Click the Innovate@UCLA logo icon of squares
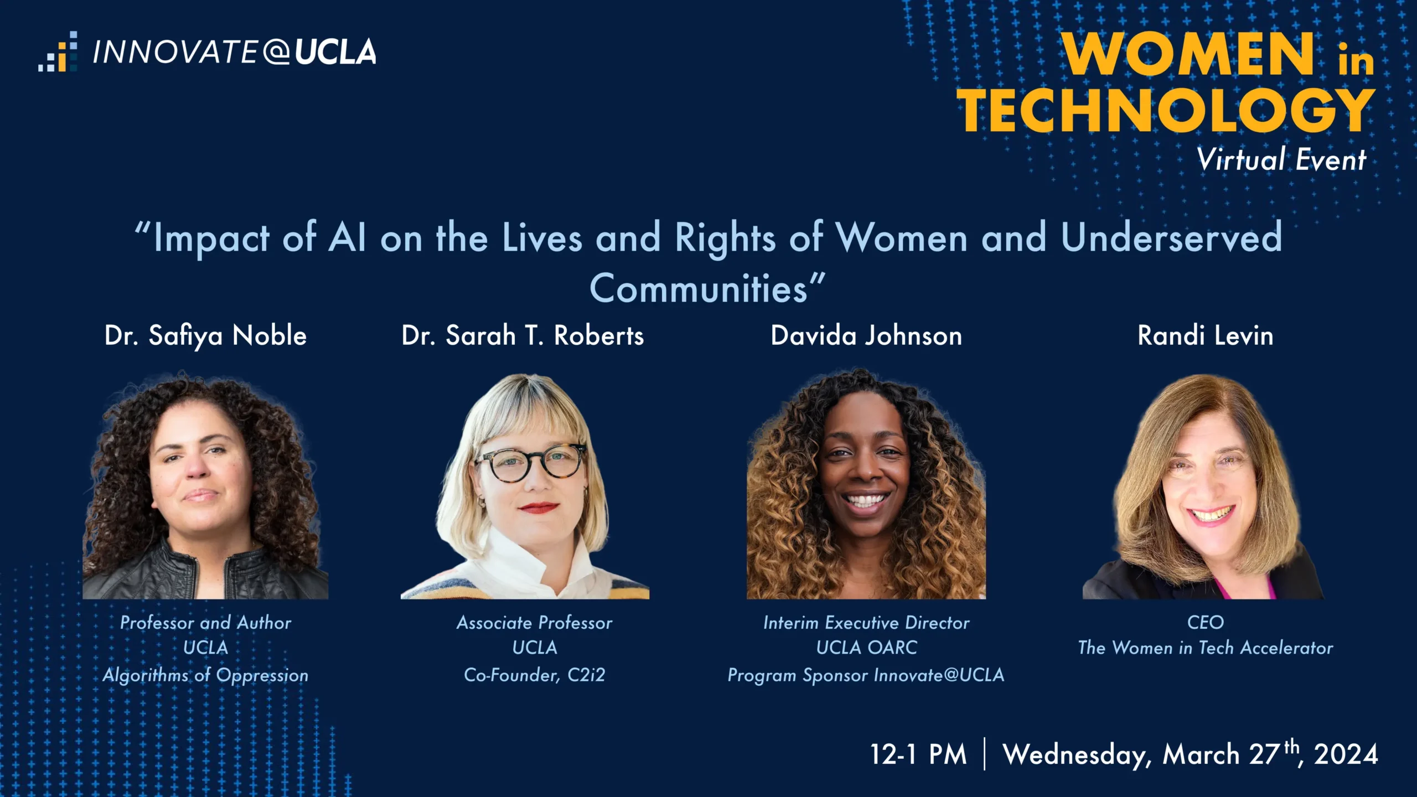click(x=58, y=51)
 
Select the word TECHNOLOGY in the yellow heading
click(x=1166, y=110)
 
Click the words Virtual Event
click(x=1281, y=159)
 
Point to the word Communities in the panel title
click(x=699, y=288)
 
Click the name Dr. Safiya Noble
click(x=205, y=336)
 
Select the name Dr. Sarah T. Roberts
click(x=523, y=335)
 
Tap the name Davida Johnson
click(x=866, y=335)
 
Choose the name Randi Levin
click(x=1206, y=335)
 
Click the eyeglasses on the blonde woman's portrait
click(x=531, y=462)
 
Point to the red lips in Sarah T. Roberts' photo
click(x=539, y=507)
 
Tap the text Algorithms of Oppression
click(x=205, y=675)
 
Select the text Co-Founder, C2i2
click(x=535, y=675)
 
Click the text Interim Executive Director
click(x=866, y=623)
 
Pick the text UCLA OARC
click(x=866, y=648)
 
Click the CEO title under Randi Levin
click(x=1206, y=623)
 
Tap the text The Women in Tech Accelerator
click(x=1206, y=648)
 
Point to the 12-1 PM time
click(x=918, y=754)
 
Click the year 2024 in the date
click(x=1346, y=754)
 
